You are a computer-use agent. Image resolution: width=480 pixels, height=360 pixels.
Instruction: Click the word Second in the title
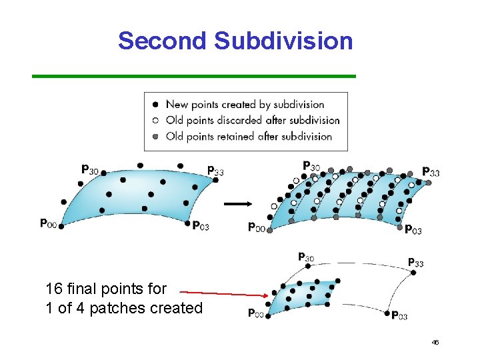163,41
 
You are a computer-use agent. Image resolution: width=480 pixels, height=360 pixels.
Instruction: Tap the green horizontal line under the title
194,76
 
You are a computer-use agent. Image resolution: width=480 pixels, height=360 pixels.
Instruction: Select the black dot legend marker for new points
155,104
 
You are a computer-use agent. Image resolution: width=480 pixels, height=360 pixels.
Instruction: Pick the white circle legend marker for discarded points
155,121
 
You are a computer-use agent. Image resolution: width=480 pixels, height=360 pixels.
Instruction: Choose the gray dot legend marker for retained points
155,137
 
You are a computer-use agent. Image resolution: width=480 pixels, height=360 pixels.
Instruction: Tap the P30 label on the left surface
90,170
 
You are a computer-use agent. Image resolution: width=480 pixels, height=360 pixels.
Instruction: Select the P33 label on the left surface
215,171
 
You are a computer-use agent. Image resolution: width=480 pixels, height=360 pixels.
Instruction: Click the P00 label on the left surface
48,223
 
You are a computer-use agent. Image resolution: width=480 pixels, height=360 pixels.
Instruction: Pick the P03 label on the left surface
201,227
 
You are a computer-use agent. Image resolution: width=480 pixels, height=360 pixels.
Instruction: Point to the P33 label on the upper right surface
431,172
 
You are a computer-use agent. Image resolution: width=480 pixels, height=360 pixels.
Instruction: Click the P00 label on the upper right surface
257,227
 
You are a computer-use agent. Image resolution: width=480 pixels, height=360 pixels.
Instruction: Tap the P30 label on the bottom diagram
306,257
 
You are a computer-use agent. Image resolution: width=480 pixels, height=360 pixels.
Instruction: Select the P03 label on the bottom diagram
399,315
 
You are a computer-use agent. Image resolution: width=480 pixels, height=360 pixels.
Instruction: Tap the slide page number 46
435,342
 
